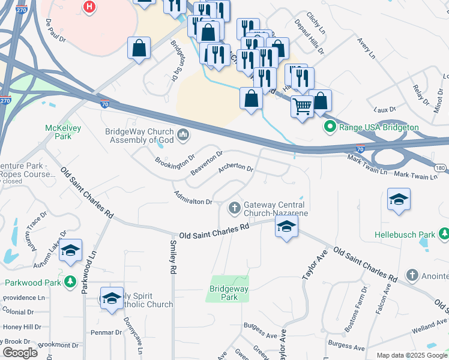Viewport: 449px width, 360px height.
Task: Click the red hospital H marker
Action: (x=89, y=7)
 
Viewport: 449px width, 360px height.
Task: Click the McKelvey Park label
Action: (x=58, y=131)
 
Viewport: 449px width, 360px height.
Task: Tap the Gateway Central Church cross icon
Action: (x=235, y=209)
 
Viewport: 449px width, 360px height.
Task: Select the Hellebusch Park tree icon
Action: (x=444, y=233)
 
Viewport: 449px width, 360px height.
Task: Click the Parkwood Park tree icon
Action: (x=70, y=281)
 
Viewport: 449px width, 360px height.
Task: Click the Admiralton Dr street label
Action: (x=193, y=197)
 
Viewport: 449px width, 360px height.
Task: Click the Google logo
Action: (x=20, y=352)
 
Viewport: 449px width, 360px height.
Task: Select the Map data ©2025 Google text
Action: (x=411, y=355)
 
